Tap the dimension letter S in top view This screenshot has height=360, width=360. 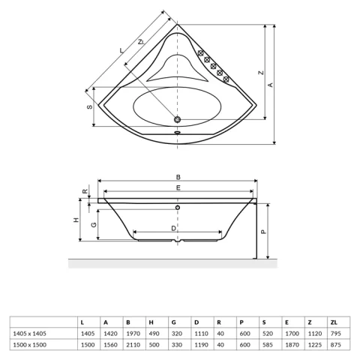coord(89,108)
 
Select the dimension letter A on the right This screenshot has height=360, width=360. coord(270,84)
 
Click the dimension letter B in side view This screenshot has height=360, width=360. coord(177,177)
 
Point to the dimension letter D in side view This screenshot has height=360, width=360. coord(173,227)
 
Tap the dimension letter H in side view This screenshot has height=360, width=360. coord(76,220)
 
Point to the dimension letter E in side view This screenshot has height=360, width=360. coord(177,187)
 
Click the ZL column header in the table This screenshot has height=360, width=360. coord(333,321)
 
